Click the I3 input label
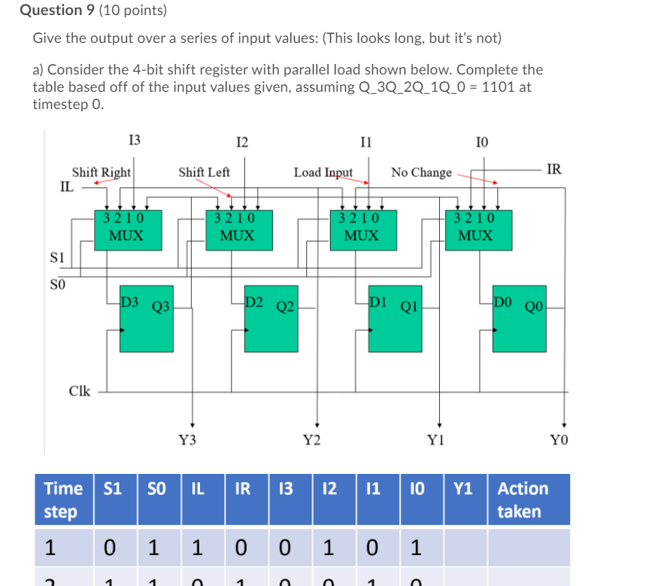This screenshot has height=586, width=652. coord(135,139)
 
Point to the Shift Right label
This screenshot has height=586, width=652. coord(102,172)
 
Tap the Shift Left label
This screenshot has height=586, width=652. coord(204,172)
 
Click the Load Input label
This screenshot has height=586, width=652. coord(323,172)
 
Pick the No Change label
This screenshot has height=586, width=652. coord(421,172)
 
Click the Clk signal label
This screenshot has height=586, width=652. coord(80,391)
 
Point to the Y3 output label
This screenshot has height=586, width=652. coord(188,441)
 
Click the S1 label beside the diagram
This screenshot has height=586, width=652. coord(56,257)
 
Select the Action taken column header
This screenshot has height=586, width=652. coord(523,499)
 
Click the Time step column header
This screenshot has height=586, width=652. coord(64,499)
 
